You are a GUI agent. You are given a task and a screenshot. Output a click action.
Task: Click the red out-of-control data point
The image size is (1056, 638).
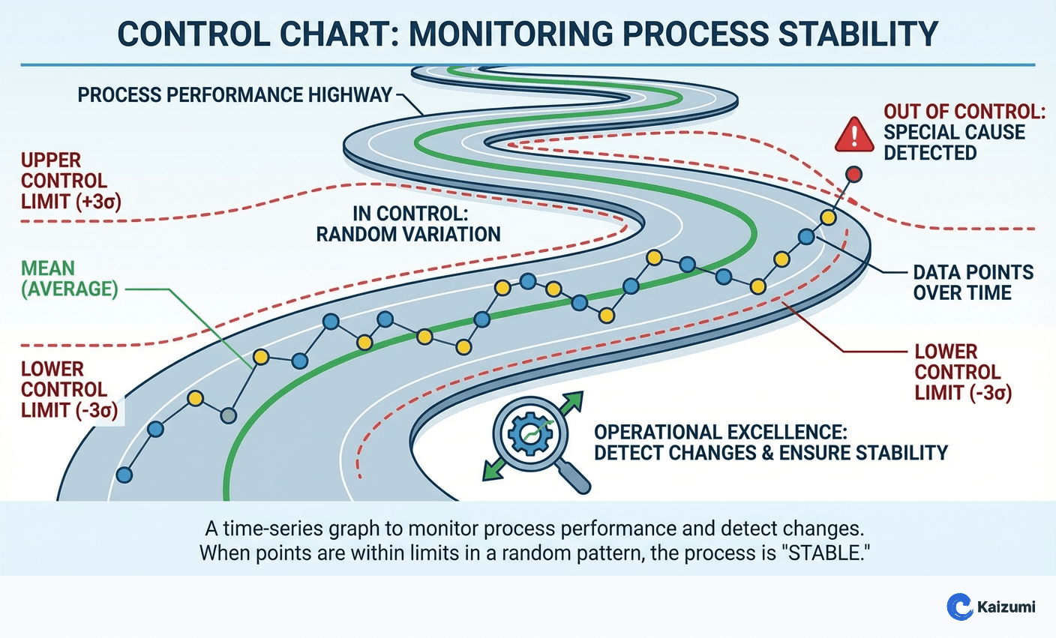(853, 175)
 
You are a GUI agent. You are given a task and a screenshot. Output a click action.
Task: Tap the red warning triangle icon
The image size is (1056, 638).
(854, 135)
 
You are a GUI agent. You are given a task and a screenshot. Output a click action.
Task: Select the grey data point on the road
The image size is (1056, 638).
(229, 415)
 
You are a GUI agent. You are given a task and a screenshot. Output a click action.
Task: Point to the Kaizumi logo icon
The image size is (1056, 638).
(959, 606)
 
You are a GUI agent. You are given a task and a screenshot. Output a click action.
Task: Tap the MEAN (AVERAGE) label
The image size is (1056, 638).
(69, 279)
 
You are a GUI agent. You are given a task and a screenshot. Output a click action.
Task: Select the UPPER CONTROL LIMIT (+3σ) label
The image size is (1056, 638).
(70, 181)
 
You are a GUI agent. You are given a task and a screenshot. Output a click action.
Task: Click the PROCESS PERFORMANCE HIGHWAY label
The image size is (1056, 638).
(235, 95)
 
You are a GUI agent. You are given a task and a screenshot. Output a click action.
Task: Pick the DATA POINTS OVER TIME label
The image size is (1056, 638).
(973, 283)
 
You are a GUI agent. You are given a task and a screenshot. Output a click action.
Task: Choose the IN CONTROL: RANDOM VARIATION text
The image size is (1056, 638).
(408, 223)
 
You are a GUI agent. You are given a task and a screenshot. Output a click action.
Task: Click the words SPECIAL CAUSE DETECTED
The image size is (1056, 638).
(954, 142)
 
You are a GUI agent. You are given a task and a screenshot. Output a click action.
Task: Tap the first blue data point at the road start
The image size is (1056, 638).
(124, 475)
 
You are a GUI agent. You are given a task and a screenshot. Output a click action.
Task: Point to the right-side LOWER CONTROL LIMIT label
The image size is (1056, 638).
(963, 372)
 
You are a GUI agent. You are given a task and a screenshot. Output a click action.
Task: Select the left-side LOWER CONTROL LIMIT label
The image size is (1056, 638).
(69, 389)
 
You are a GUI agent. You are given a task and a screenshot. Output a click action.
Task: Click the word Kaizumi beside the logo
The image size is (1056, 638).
(1006, 607)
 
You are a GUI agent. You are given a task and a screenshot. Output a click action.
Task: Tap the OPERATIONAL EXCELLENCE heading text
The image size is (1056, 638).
(720, 433)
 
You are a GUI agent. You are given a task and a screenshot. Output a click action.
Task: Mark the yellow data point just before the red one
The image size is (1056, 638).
(827, 217)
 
